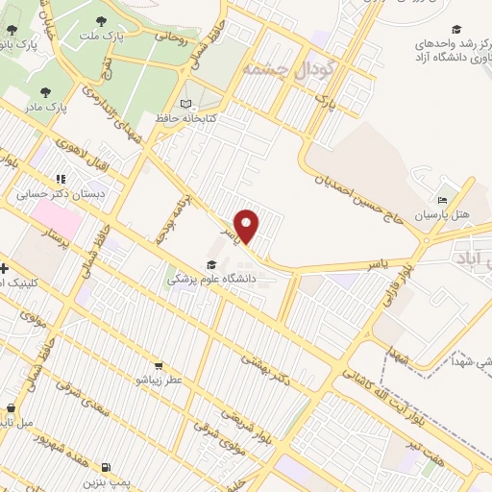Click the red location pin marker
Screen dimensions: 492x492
[x=248, y=227]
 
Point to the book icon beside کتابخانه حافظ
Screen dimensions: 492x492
[x=186, y=104]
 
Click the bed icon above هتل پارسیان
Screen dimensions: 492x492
[x=442, y=201]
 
